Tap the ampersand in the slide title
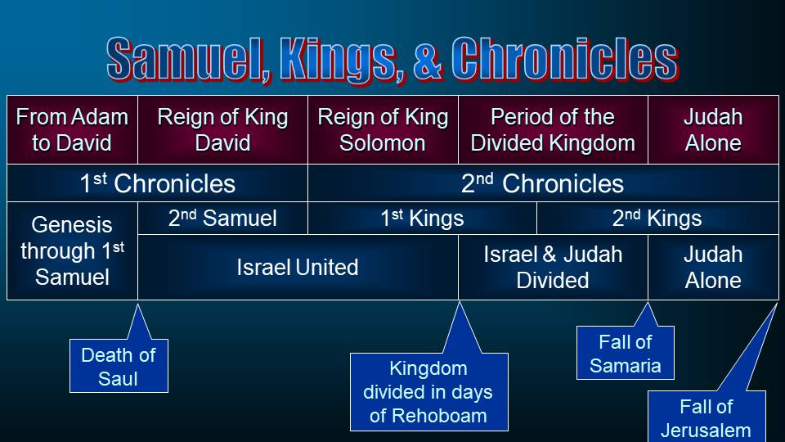(427, 59)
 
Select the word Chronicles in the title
(565, 59)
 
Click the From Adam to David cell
(72, 130)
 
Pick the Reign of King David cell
(222, 130)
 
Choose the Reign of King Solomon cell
(383, 130)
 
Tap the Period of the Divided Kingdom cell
(554, 130)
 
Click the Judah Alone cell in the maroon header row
(713, 130)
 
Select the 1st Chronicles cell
(157, 183)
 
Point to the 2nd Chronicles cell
(543, 183)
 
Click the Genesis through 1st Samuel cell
(72, 250)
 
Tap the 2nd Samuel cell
(222, 218)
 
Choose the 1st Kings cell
(422, 218)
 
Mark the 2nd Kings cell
(657, 218)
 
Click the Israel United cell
(298, 267)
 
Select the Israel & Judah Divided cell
(554, 267)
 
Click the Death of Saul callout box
(119, 366)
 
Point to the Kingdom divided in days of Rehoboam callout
(429, 392)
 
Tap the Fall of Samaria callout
(626, 353)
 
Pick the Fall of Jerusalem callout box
(706, 416)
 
